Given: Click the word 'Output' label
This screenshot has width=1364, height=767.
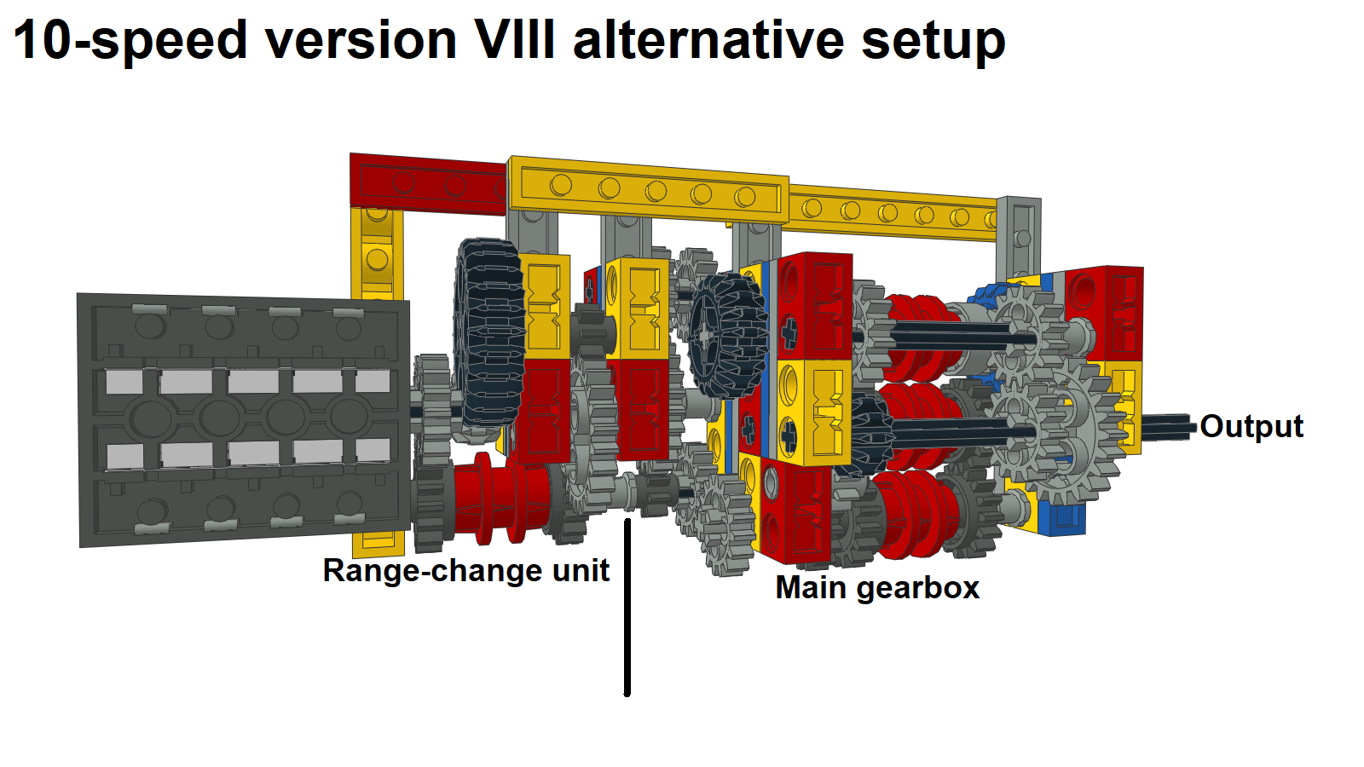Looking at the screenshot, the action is [1251, 426].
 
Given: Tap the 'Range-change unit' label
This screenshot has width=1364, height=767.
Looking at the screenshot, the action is [465, 571].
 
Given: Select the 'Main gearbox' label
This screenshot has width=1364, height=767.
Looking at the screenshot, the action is [877, 588].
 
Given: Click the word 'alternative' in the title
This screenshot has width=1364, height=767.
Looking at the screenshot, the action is [708, 40].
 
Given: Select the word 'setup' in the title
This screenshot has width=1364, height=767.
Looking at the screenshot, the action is [933, 43].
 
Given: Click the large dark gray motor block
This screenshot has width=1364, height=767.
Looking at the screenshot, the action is [244, 420].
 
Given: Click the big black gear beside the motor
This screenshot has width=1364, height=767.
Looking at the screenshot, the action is [489, 335].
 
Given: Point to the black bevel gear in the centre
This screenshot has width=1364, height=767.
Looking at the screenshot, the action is [728, 335].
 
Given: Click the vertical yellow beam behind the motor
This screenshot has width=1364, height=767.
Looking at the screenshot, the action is [378, 256].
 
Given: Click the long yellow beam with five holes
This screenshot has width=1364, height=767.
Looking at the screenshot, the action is [649, 190].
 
